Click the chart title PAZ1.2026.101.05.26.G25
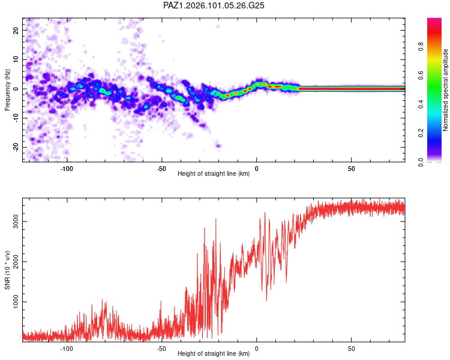pos(214,5)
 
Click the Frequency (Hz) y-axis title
pos(7,90)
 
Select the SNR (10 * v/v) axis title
pos(7,270)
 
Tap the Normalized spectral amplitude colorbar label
pos(445,90)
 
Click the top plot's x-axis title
pos(214,173)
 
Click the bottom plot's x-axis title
pos(214,353)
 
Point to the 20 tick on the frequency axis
pos(16,30)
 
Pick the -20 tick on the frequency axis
pos(16,147)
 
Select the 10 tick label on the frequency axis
pos(16,59)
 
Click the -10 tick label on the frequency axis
pos(16,118)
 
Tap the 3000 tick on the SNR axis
pos(16,221)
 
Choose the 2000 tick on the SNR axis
pos(16,262)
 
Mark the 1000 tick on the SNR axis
pos(16,302)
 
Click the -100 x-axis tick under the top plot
pos(67,169)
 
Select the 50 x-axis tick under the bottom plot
pos(351,349)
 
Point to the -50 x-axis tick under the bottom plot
pos(161,349)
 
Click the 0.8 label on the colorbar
pos(421,47)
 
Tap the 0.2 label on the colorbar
pos(421,133)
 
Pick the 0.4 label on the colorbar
pos(421,104)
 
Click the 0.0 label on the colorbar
pos(421,162)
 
